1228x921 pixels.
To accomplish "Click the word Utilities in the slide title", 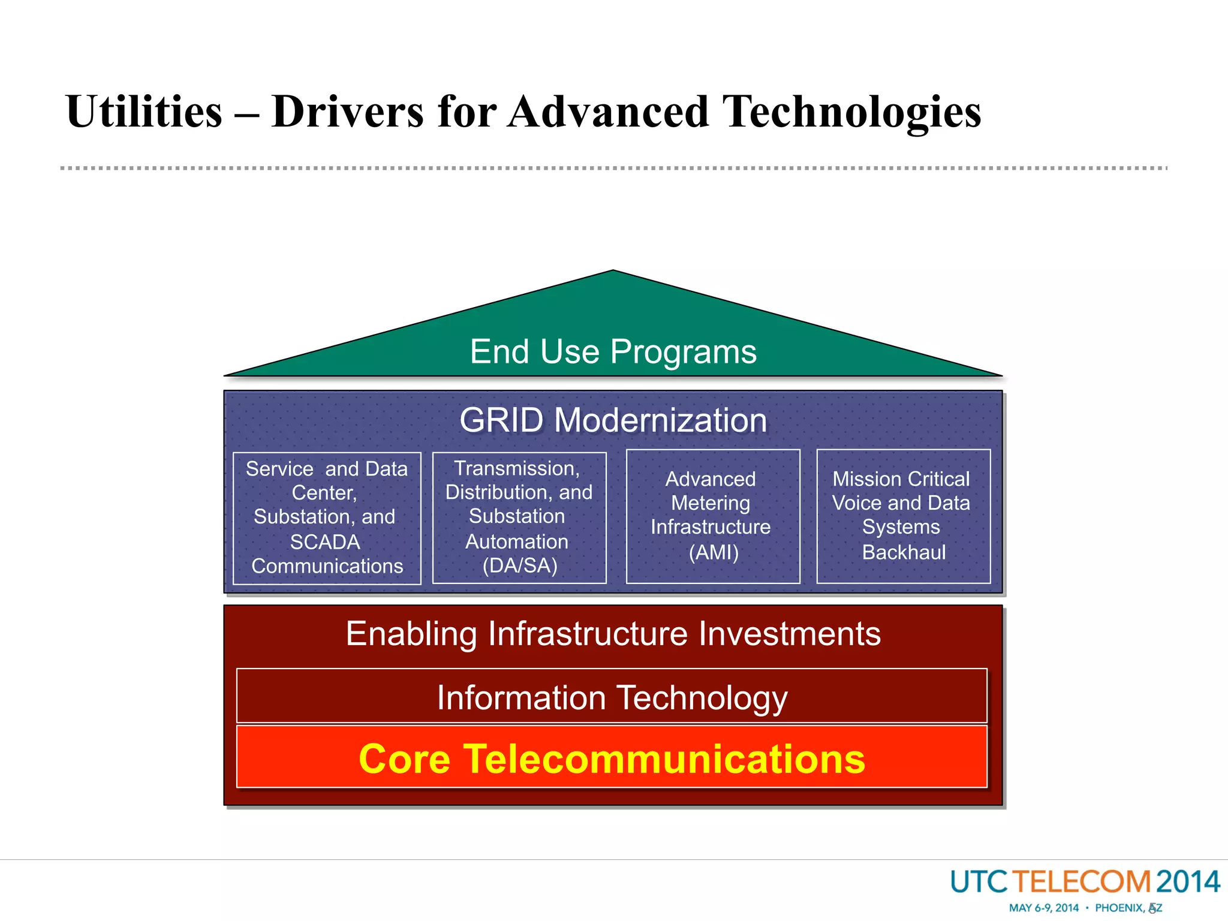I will pyautogui.click(x=144, y=112).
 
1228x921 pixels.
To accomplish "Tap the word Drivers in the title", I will pyautogui.click(x=348, y=112).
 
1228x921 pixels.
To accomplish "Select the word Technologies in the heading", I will pyautogui.click(x=851, y=112).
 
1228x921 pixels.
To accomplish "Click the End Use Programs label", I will pyautogui.click(x=613, y=352).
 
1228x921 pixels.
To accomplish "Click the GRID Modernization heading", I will pyautogui.click(x=613, y=420).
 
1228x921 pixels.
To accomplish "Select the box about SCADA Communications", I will pyautogui.click(x=327, y=518).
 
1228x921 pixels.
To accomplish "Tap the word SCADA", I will pyautogui.click(x=325, y=542).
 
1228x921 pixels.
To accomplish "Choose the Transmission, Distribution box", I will pyautogui.click(x=519, y=517).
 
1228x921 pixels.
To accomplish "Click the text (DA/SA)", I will pyautogui.click(x=520, y=565).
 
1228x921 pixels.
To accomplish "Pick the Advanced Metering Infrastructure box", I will pyautogui.click(x=712, y=516).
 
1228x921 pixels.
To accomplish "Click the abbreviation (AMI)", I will pyautogui.click(x=713, y=552).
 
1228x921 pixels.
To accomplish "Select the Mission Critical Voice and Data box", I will pyautogui.click(x=903, y=516).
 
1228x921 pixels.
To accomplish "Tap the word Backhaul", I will pyautogui.click(x=904, y=552).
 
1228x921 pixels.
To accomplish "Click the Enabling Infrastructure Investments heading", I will pyautogui.click(x=613, y=634).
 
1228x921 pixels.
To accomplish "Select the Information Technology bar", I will pyautogui.click(x=612, y=697).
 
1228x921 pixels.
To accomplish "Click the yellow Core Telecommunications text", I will pyautogui.click(x=612, y=759).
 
